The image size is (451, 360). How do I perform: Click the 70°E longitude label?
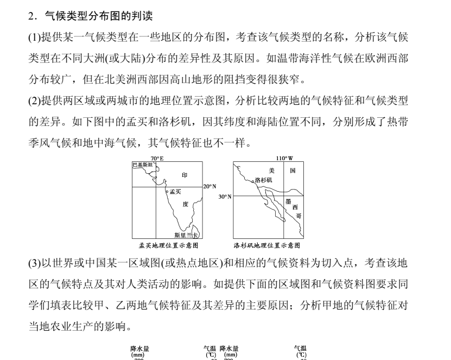157,158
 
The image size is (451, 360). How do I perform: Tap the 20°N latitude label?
210,186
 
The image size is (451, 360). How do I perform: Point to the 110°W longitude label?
285,158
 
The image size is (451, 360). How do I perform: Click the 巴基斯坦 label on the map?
143,163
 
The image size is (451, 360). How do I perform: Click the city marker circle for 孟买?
167,191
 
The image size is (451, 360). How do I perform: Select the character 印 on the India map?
185,175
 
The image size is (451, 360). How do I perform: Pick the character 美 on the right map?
272,170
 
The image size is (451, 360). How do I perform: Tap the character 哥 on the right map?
298,216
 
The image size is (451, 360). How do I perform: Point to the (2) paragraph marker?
33,100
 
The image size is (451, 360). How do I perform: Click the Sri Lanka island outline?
196,232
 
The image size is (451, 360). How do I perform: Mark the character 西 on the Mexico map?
295,207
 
